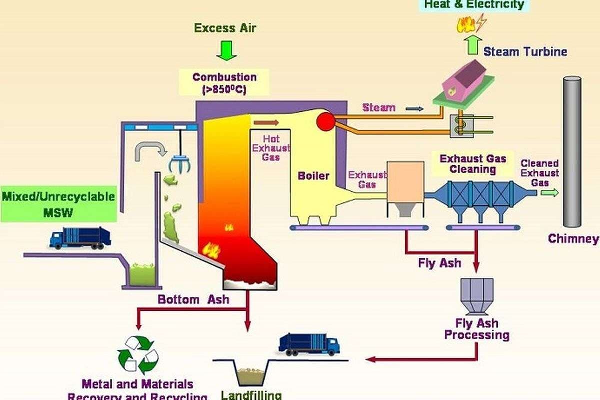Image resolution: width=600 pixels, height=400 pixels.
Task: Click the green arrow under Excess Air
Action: click(x=227, y=50)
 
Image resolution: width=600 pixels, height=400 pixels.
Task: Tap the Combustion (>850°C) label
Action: click(x=225, y=83)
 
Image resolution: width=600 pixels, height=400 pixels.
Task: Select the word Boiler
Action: click(x=314, y=176)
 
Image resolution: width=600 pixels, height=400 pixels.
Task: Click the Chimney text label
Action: click(x=573, y=239)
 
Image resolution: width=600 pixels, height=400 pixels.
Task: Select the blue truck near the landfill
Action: click(x=309, y=344)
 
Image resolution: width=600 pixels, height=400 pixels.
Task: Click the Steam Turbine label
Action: click(x=525, y=51)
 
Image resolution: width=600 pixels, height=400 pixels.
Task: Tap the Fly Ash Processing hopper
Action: click(x=477, y=294)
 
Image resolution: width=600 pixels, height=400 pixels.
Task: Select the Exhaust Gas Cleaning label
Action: click(x=472, y=164)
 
